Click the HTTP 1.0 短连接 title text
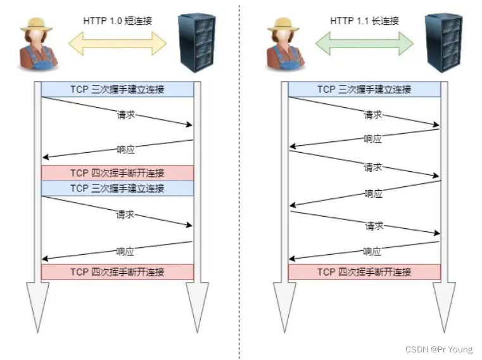click(x=118, y=20)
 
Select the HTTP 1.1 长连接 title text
click(x=365, y=20)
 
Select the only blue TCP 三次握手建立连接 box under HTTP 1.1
click(x=364, y=89)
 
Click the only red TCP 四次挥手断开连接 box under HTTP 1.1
click(x=364, y=272)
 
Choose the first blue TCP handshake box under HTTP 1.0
click(x=117, y=89)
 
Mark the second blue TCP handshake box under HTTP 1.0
click(x=117, y=188)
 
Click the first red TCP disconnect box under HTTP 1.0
click(x=117, y=172)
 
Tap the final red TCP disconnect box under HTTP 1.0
click(x=117, y=272)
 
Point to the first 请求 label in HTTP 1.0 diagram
click(x=125, y=115)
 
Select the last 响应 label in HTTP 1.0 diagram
click(x=125, y=251)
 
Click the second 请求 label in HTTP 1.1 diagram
click(x=373, y=167)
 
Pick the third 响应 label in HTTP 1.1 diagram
click(x=373, y=251)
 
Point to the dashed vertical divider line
click(x=239, y=190)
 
